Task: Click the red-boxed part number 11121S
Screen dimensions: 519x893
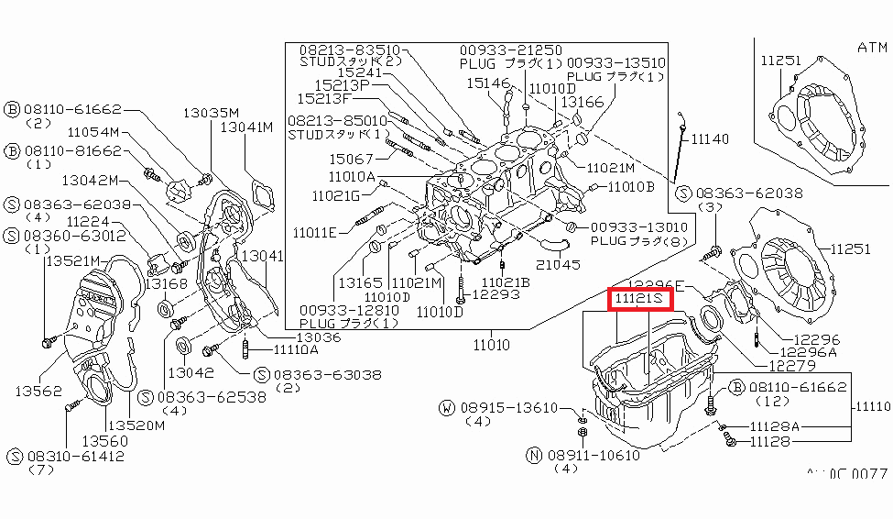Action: [640, 299]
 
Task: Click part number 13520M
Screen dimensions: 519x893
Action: [136, 425]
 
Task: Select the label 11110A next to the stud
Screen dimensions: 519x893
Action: [294, 349]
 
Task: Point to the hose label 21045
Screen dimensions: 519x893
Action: [558, 264]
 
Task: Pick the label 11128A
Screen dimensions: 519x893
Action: [775, 426]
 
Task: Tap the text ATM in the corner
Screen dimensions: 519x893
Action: [874, 47]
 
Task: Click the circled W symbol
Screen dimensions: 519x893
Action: [446, 407]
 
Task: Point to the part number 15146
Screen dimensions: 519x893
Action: [486, 83]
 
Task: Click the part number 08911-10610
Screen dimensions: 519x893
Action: [596, 454]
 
